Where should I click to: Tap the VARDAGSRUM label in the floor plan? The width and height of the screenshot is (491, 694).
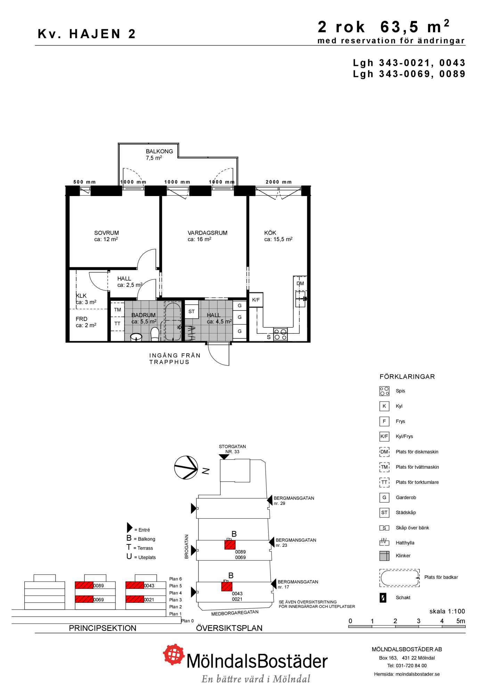[x=207, y=233]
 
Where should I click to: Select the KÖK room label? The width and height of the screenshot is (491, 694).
[x=270, y=233]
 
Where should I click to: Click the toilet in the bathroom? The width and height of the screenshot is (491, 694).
[x=155, y=335]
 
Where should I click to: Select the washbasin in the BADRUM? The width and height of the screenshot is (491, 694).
[x=136, y=337]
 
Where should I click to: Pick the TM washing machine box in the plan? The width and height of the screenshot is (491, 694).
[x=117, y=310]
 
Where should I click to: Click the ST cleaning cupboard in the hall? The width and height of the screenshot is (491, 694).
[x=191, y=312]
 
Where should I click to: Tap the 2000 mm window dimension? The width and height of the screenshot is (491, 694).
[x=279, y=182]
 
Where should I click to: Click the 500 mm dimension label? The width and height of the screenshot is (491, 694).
[x=84, y=182]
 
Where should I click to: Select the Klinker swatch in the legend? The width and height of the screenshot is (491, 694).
[x=384, y=556]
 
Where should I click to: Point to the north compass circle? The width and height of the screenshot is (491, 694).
[x=186, y=467]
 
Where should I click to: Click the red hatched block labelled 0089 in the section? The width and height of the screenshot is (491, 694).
[x=84, y=585]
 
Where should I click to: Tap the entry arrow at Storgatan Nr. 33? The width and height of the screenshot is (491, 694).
[x=224, y=457]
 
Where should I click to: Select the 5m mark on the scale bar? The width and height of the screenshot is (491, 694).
[x=460, y=621]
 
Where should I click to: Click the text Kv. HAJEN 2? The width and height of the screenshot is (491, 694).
[x=87, y=34]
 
